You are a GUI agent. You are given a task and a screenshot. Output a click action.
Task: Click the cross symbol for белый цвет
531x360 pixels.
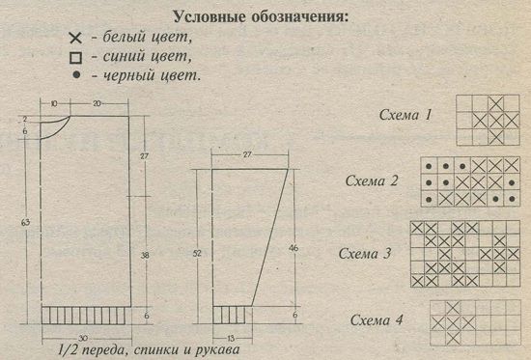(x=75, y=38)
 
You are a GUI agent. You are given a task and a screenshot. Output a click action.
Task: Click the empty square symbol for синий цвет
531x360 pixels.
(x=75, y=58)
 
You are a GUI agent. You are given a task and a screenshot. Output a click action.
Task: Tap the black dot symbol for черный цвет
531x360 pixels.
(x=77, y=75)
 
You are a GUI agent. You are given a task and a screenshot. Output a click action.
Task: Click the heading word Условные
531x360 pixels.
(x=209, y=16)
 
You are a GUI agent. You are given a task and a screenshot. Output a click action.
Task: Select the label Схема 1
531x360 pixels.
(x=405, y=115)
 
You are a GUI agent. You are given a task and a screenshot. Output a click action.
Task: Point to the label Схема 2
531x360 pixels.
(x=372, y=180)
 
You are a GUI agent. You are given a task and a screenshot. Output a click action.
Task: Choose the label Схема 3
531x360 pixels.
(x=365, y=253)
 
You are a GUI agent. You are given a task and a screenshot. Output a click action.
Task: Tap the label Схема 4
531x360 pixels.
(x=377, y=319)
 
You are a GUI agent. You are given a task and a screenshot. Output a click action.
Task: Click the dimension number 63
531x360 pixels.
(x=26, y=223)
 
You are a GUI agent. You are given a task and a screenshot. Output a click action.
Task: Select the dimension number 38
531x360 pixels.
(x=145, y=255)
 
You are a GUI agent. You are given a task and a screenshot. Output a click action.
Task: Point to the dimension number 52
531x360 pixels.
(x=197, y=253)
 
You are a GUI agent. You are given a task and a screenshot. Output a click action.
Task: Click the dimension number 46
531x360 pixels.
(x=293, y=248)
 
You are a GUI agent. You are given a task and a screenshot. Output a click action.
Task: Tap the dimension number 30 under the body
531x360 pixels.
(x=83, y=338)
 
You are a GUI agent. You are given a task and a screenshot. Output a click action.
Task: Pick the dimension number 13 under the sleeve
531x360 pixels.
(x=231, y=338)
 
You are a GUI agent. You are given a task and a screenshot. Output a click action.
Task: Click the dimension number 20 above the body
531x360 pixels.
(x=97, y=103)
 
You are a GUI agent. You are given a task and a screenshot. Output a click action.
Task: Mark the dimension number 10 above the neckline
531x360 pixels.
(x=54, y=103)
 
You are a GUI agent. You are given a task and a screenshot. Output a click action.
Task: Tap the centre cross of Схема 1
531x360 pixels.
(x=496, y=121)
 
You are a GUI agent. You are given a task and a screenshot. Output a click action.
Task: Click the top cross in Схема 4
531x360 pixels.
(x=453, y=308)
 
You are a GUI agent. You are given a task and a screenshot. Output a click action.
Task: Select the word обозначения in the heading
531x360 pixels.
(x=300, y=16)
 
